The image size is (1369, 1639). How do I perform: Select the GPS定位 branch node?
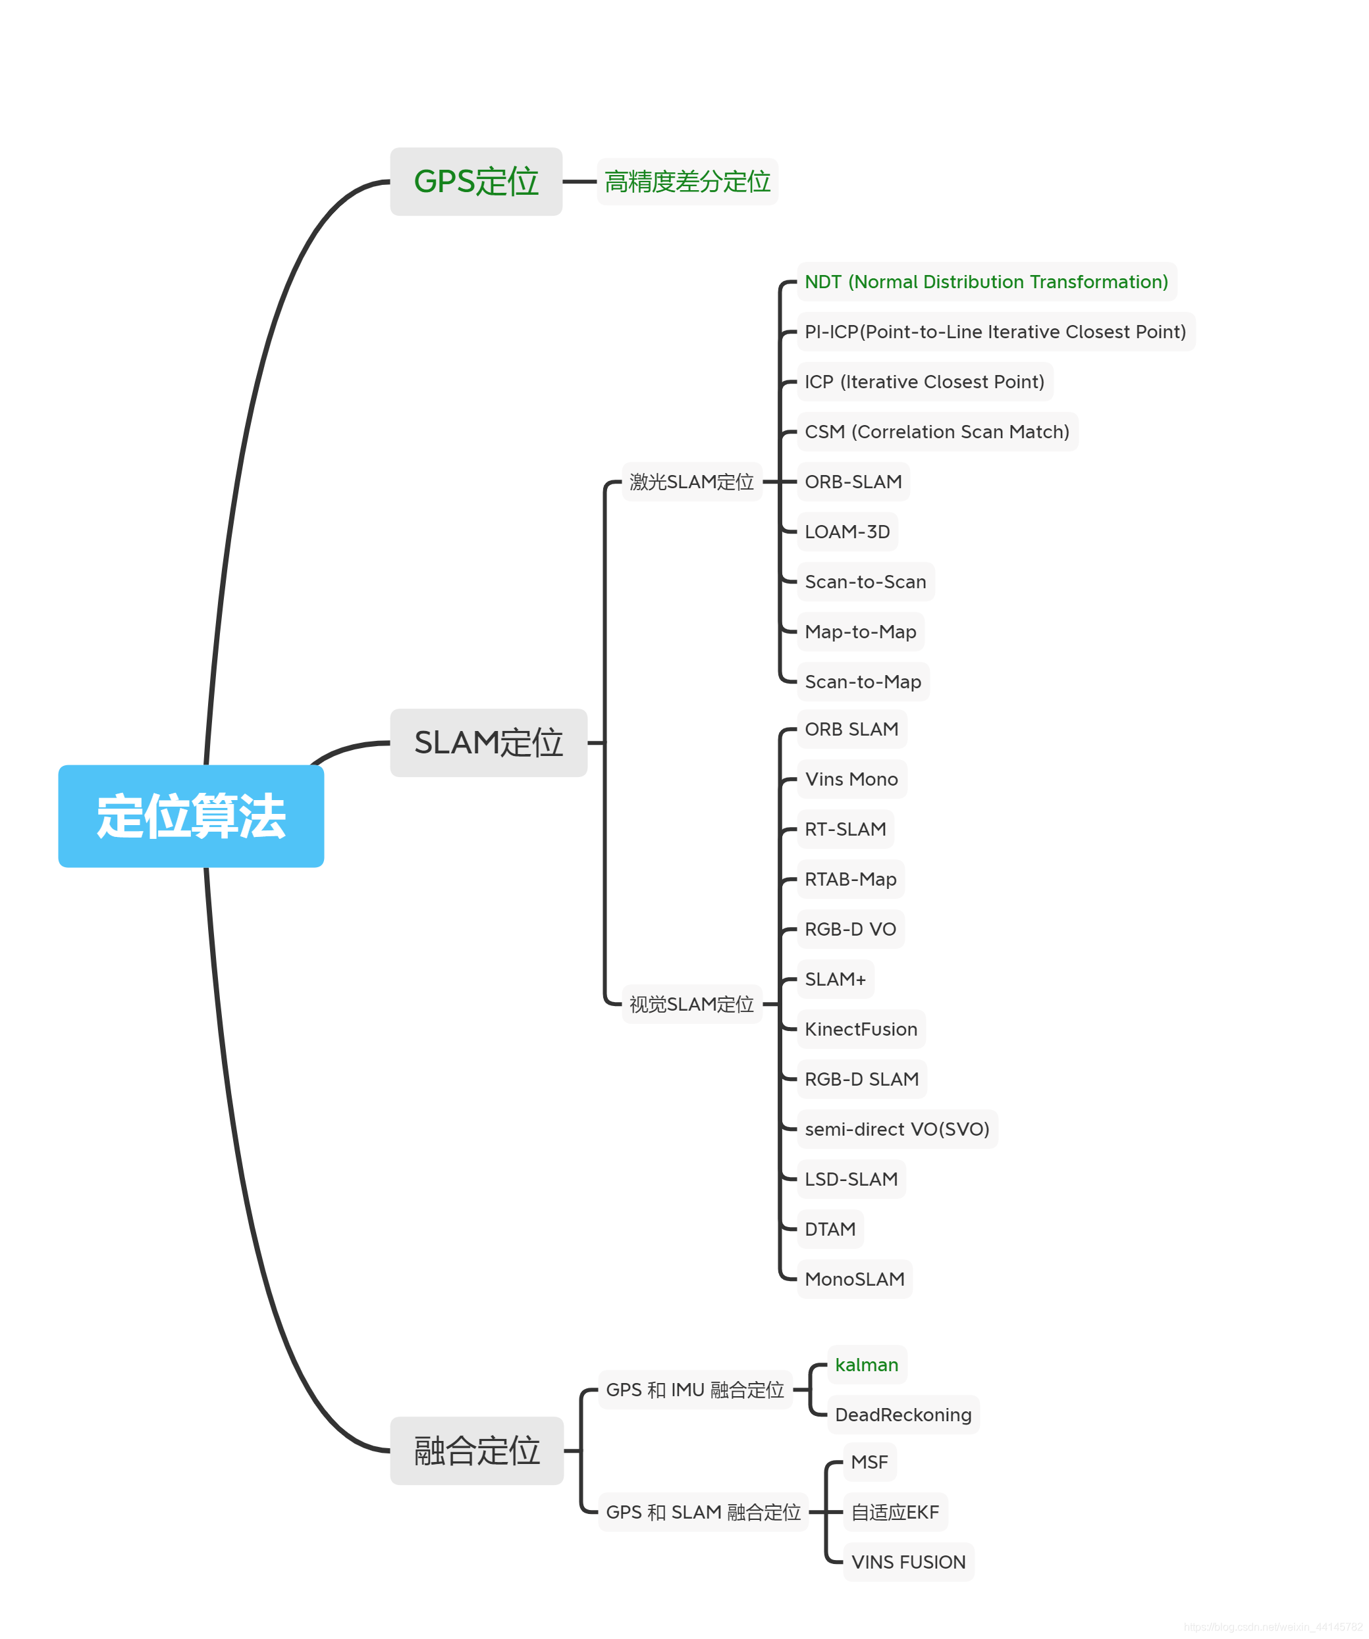[475, 181]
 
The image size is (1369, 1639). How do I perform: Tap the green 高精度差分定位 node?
[687, 181]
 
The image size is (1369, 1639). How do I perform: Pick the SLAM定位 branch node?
[488, 742]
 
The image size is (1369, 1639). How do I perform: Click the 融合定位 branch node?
[476, 1450]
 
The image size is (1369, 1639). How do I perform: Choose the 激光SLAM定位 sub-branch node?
[691, 482]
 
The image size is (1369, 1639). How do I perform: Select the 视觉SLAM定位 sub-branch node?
[691, 1003]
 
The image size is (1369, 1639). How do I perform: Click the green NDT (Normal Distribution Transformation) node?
[986, 282]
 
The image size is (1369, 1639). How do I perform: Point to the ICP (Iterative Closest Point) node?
[924, 382]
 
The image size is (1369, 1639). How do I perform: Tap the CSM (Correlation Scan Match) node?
[936, 432]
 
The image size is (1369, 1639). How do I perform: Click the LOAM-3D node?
[847, 532]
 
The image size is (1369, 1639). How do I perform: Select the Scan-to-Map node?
[862, 682]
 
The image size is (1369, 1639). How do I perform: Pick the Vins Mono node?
[851, 779]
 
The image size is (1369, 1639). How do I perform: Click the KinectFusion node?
[861, 1028]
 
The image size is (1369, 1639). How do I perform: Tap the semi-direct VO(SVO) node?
[896, 1128]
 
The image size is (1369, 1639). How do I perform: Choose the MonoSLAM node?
[854, 1278]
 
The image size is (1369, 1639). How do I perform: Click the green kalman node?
[866, 1364]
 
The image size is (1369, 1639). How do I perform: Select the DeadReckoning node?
[903, 1414]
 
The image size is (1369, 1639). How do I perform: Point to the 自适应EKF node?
[895, 1512]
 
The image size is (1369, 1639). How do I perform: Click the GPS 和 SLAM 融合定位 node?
[703, 1512]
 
